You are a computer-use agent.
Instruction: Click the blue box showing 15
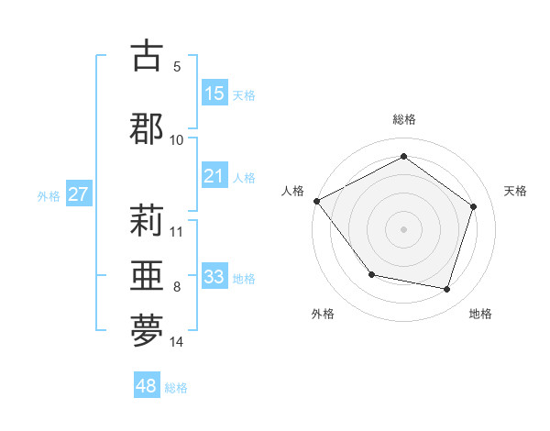[214, 93]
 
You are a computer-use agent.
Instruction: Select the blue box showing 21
[214, 176]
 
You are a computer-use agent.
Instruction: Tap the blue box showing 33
[214, 277]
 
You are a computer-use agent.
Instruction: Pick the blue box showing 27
[78, 194]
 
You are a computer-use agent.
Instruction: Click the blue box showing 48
[147, 386]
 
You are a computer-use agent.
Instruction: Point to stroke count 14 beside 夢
[177, 342]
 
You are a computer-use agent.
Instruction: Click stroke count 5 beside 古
[177, 66]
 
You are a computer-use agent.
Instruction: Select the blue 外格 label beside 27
[49, 195]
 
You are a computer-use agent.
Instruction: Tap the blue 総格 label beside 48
[176, 388]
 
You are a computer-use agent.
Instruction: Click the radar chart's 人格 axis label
[293, 191]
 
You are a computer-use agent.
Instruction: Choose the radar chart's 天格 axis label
[515, 191]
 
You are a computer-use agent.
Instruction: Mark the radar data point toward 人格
[316, 201]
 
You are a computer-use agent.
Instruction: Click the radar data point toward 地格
[447, 289]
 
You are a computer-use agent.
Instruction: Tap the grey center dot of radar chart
[403, 228]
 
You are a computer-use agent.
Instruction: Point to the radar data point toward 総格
[403, 156]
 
